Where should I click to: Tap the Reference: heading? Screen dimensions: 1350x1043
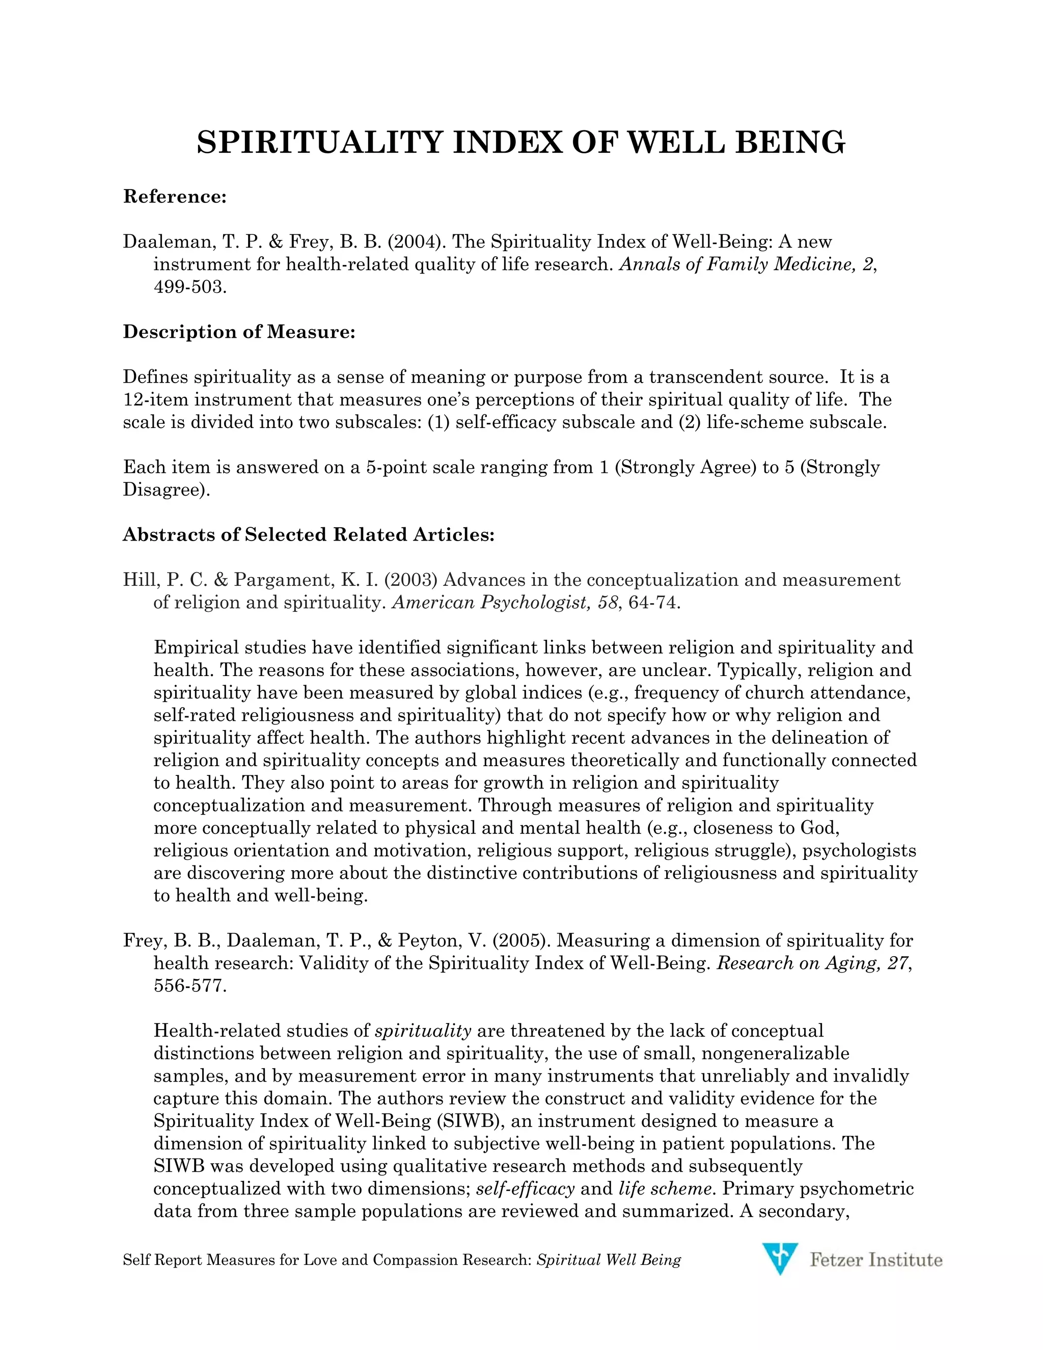175,197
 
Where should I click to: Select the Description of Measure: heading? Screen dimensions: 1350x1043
239,332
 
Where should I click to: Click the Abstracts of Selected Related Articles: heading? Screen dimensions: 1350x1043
308,535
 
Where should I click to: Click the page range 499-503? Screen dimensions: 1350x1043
189,287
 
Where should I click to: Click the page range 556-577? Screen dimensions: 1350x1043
189,986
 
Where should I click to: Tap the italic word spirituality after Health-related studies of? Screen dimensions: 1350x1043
423,1031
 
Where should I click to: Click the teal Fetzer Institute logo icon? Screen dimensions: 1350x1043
780,1259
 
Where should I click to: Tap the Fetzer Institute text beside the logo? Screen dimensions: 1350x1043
875,1260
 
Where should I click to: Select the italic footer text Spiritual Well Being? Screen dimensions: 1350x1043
609,1260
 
